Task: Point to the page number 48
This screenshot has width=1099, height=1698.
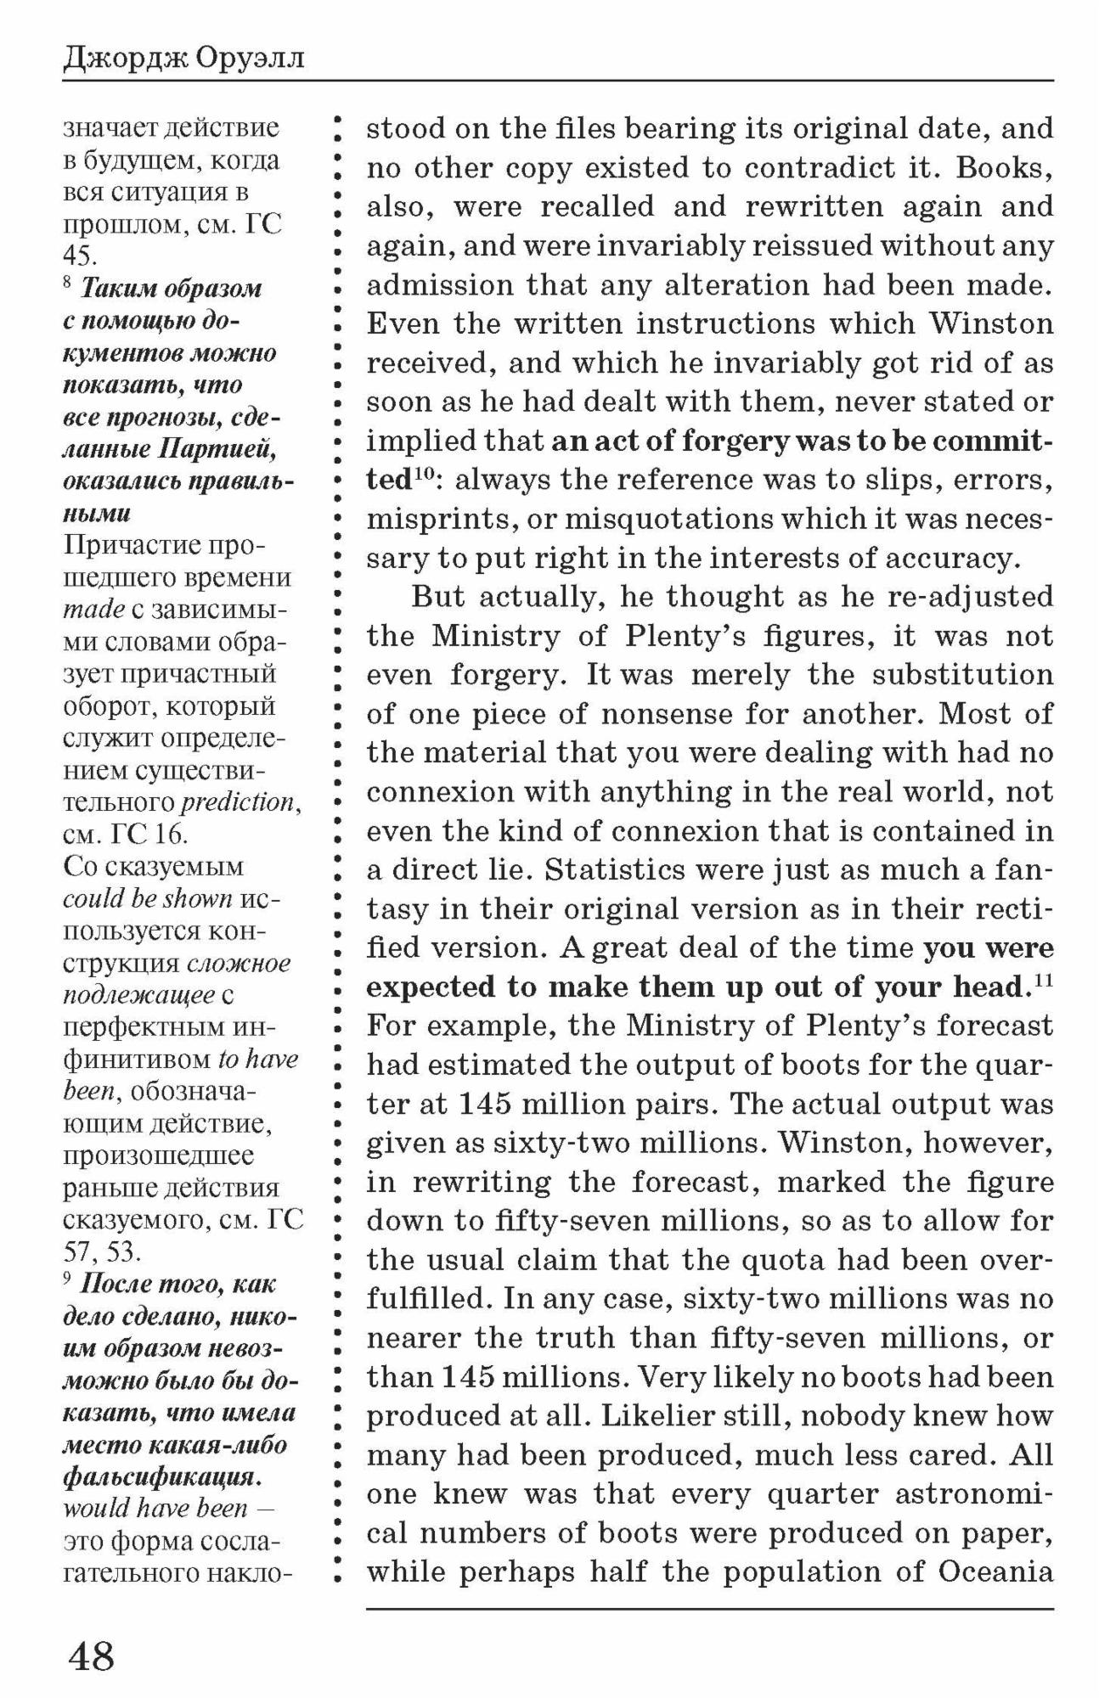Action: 91,1655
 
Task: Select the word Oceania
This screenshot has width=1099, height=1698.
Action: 996,1571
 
